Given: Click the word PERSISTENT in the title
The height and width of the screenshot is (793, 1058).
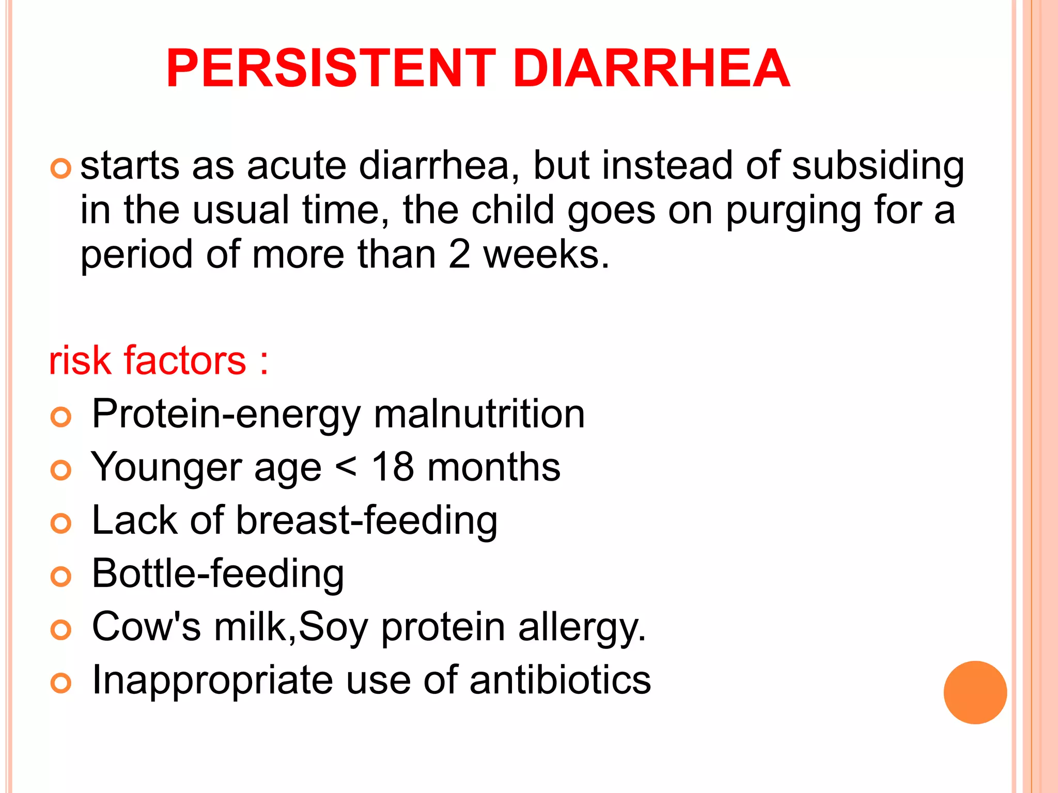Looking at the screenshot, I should click(331, 68).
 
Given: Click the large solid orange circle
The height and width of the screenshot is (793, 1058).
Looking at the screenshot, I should click(975, 692).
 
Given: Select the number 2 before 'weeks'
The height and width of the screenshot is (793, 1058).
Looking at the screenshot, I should click(459, 254).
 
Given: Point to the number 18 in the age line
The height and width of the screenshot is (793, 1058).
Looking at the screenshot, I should click(393, 467).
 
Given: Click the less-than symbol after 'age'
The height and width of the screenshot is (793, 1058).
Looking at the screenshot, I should click(346, 468).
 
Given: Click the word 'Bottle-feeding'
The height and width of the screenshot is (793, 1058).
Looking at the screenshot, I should click(217, 574).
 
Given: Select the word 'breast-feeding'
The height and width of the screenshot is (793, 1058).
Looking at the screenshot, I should click(367, 520).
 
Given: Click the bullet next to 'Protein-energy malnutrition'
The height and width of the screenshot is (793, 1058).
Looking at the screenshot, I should click(61, 417).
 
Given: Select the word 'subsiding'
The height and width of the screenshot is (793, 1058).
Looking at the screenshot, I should click(878, 166).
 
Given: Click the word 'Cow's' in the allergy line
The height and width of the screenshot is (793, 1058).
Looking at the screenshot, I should click(146, 627).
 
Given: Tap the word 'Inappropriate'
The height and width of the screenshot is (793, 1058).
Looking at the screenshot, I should click(212, 680).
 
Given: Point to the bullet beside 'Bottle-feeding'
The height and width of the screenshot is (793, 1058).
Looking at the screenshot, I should click(61, 576).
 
